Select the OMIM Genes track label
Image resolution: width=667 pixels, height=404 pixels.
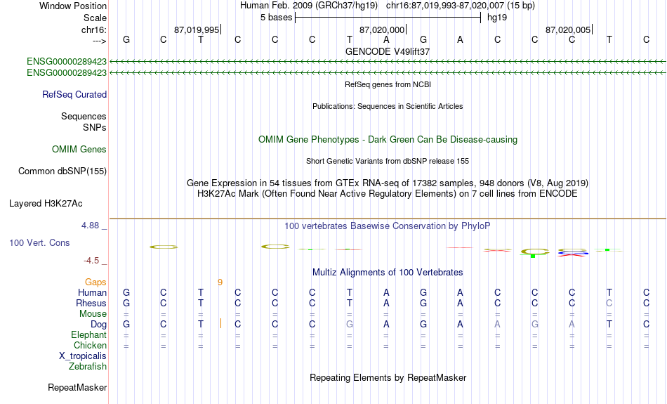79,149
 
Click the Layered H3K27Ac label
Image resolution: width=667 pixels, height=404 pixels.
46,204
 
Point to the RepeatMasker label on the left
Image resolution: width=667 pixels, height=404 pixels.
77,387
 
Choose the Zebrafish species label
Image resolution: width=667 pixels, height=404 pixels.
87,366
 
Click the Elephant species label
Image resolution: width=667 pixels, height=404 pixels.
88,334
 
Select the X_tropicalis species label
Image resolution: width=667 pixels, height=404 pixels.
82,356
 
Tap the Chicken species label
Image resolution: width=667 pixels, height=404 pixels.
90,345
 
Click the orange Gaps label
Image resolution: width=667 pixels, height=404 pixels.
95,282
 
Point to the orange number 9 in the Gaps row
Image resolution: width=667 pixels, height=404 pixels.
220,282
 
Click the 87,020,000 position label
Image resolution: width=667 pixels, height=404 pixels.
382,30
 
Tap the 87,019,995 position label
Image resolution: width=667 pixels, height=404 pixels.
197,30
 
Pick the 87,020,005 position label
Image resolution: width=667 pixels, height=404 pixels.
568,30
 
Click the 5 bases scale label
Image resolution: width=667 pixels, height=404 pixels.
275,18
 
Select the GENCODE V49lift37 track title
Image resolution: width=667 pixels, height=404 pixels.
388,51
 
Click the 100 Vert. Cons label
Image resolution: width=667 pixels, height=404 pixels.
39,242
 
